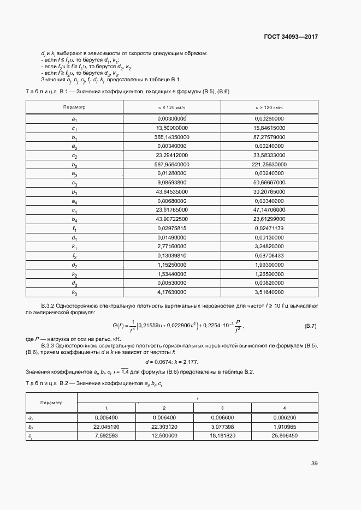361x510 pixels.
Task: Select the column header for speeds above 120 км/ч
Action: coord(269,107)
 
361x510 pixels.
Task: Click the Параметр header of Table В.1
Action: coord(74,107)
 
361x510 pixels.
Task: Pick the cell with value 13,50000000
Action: coord(172,128)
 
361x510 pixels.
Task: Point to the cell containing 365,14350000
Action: coord(171,137)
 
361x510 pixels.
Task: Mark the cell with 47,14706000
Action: coord(269,209)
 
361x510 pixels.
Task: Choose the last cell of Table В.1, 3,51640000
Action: coord(269,293)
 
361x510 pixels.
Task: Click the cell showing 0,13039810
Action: coord(172,256)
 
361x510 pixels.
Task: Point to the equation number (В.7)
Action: coord(310,326)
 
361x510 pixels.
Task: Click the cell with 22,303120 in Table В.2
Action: coord(164,427)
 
